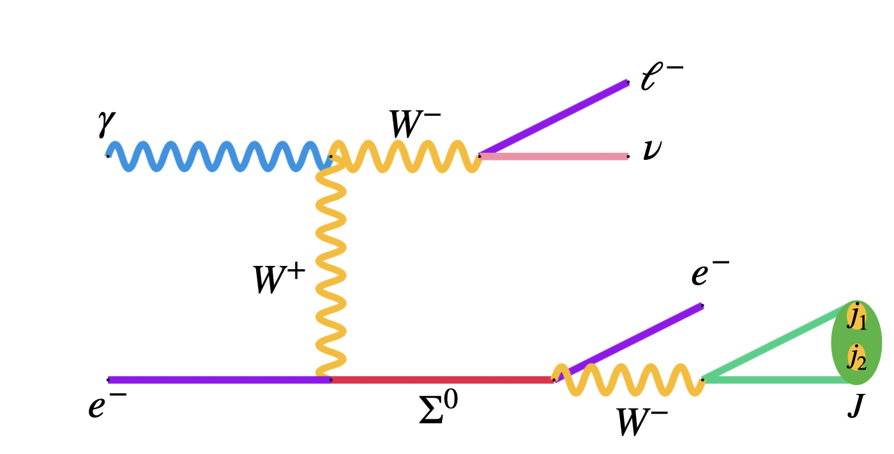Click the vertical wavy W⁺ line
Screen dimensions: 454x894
tap(331, 269)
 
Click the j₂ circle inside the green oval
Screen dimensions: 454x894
tap(856, 357)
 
